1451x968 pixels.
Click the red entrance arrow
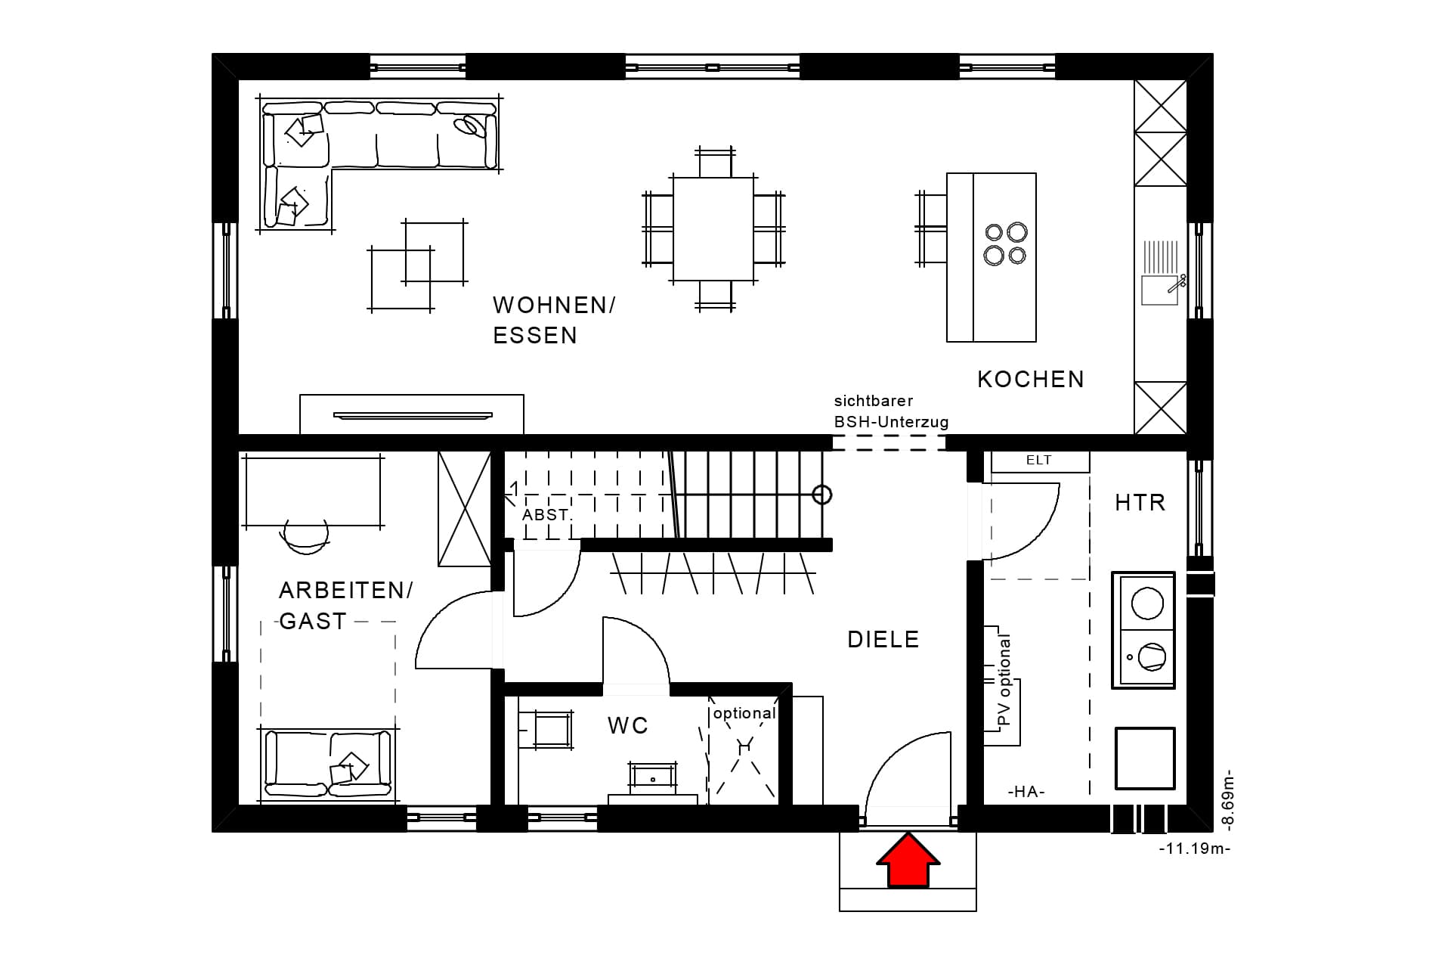[908, 860]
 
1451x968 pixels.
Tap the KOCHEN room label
[1031, 380]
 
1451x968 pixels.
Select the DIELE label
[883, 640]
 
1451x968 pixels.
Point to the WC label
[628, 726]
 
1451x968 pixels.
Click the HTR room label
[1140, 503]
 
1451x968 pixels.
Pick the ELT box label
[1039, 460]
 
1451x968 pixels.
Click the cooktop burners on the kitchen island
[1006, 244]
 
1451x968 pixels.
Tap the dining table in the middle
[713, 229]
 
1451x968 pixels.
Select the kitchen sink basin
[1160, 290]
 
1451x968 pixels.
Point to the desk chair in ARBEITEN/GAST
[305, 536]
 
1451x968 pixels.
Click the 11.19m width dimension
[1195, 849]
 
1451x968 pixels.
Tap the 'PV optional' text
[1004, 681]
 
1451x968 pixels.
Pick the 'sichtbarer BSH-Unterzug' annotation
[891, 411]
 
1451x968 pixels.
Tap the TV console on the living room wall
[412, 414]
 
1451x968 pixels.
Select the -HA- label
[1026, 792]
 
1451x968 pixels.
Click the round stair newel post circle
[822, 495]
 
